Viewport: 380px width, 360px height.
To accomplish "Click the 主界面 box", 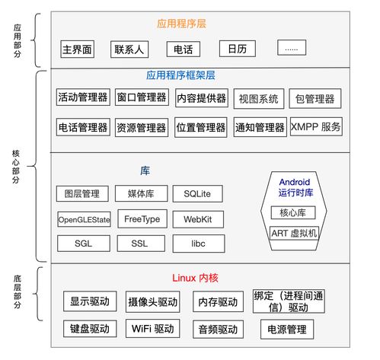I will click(x=77, y=49).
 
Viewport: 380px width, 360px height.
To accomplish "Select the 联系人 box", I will click(x=129, y=49).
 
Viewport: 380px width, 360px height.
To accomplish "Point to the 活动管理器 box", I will click(x=83, y=98).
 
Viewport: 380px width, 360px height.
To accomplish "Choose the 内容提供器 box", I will click(x=200, y=98).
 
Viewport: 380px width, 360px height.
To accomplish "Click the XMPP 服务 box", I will click(x=315, y=127).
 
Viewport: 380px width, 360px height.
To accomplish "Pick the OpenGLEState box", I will click(x=84, y=220).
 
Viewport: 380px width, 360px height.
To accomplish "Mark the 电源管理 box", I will click(x=286, y=330).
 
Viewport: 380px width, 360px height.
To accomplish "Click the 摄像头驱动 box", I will click(x=153, y=302).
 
